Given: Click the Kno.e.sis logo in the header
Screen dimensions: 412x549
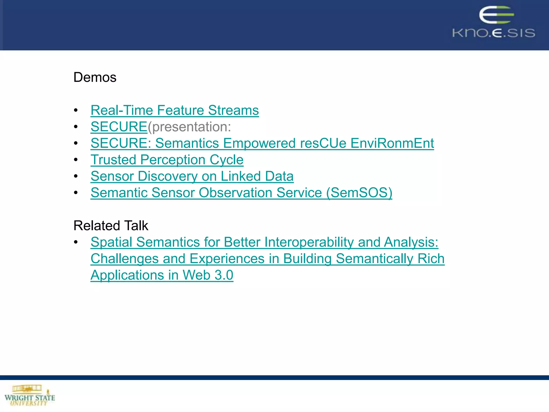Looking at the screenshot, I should click(x=494, y=23).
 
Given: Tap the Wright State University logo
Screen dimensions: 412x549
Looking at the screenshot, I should click(x=29, y=396).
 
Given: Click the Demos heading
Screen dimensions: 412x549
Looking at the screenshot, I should click(x=95, y=77).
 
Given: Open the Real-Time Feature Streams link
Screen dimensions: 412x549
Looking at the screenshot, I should click(x=175, y=110).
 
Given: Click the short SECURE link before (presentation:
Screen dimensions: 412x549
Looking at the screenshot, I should click(x=119, y=127).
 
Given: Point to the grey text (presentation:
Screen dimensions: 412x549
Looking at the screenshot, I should click(x=190, y=127).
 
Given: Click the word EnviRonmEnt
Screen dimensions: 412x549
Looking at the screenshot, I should click(x=392, y=143).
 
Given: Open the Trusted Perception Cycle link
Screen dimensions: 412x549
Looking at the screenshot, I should click(x=167, y=160).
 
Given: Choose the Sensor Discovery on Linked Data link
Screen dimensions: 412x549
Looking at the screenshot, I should click(x=192, y=176).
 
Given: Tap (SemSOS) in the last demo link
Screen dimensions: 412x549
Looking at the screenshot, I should click(x=359, y=193).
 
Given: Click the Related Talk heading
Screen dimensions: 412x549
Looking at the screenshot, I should click(x=111, y=225).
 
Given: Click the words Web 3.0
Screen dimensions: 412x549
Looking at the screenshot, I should click(x=208, y=275).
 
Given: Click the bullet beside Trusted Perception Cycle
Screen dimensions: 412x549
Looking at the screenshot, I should click(x=76, y=160).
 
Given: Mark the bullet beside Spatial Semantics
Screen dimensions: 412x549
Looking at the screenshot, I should click(x=76, y=242).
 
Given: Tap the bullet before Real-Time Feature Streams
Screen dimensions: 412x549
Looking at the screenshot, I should click(x=76, y=110).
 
